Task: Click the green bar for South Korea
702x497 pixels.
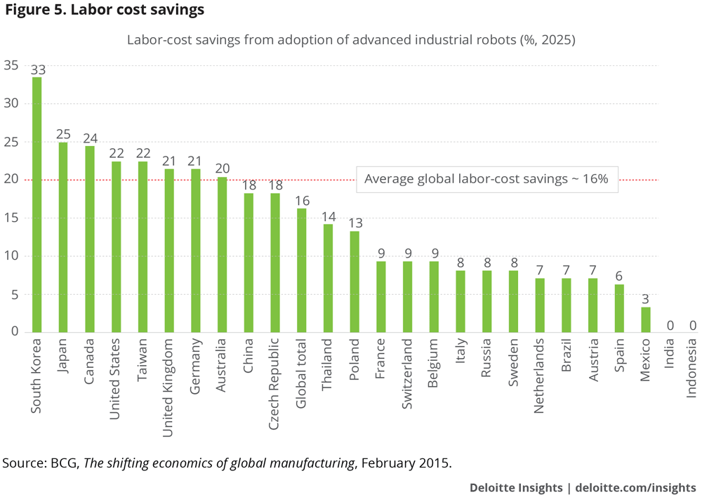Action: coord(37,204)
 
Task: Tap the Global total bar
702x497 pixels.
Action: coord(301,270)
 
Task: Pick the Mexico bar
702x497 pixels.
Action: coord(646,319)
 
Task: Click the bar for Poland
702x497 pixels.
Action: coord(355,281)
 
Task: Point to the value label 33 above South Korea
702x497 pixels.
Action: coord(37,69)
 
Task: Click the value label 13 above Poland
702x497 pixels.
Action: coord(355,223)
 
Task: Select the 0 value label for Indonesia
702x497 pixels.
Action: coord(692,325)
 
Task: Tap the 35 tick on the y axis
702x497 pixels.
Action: coord(11,66)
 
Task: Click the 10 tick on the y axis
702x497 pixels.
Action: coord(11,256)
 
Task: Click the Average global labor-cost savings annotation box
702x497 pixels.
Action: coord(486,180)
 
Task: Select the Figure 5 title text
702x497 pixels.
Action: coord(105,11)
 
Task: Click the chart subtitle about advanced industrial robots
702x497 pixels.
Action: coord(350,39)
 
